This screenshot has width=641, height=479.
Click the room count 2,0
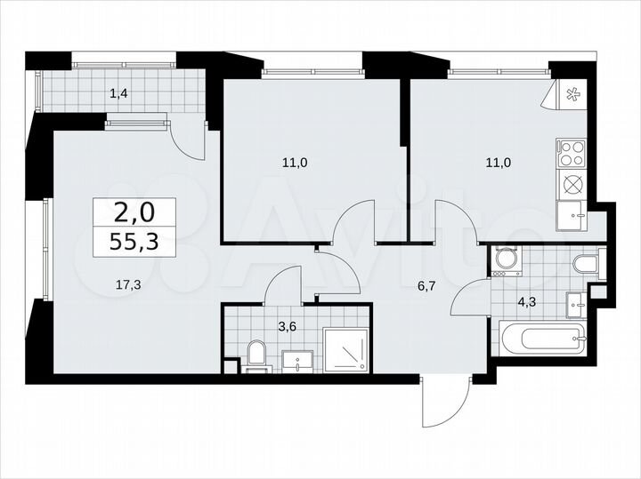point(134,212)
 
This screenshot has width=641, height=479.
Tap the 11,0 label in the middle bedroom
point(295,162)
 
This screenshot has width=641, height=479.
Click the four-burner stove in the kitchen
point(571,154)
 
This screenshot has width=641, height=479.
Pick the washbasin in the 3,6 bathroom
point(297,360)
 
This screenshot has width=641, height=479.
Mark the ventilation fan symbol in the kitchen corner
point(570,93)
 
